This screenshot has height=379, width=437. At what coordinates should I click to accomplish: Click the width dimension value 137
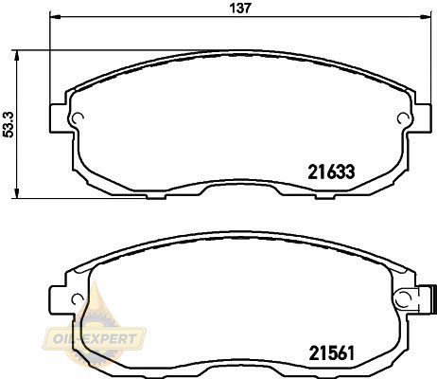(x=240, y=8)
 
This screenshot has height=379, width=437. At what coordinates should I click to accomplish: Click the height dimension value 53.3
(x=9, y=124)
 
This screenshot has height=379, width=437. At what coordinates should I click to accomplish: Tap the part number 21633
(x=331, y=172)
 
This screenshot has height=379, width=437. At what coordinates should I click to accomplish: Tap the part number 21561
(x=332, y=353)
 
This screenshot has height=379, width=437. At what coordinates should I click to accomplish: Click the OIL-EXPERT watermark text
(x=95, y=339)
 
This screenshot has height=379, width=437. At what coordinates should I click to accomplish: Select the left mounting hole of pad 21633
(x=78, y=118)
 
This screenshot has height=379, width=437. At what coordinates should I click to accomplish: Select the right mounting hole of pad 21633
(x=402, y=118)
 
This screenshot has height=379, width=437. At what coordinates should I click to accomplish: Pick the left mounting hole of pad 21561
(x=78, y=298)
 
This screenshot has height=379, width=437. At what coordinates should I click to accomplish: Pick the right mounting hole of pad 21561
(x=403, y=298)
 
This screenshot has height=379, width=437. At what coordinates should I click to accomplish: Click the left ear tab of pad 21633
(x=58, y=118)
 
